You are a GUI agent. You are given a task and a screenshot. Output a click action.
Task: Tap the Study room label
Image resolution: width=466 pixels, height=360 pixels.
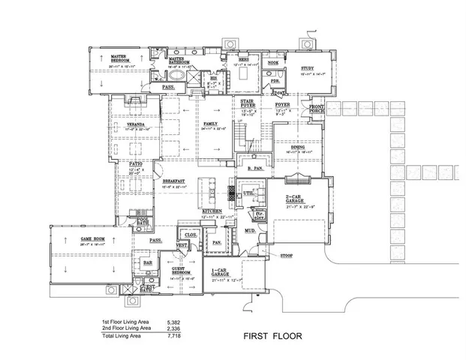(301, 67)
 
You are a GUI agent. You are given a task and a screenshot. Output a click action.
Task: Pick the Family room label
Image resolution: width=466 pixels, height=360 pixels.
(211, 124)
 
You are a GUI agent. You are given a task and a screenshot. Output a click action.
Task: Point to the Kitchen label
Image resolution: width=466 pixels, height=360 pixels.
(212, 212)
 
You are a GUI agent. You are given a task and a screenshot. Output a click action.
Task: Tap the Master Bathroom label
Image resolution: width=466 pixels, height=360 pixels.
(176, 58)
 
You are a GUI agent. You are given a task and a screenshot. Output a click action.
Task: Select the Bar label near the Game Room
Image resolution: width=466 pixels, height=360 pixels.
(148, 262)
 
